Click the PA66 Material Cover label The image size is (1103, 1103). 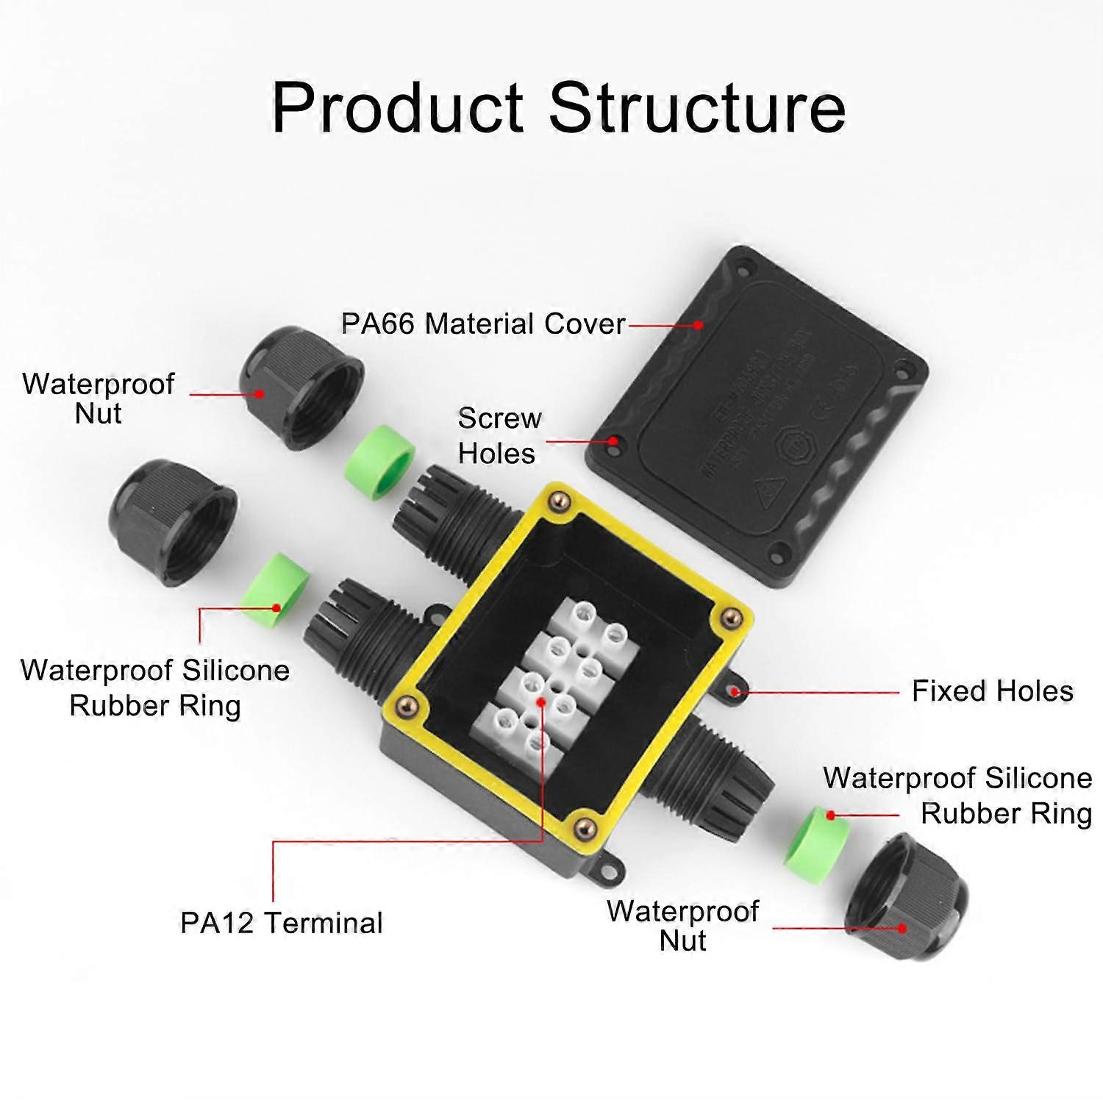[x=482, y=324]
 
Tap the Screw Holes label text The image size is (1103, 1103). [x=499, y=435]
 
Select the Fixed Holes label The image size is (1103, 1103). [x=992, y=691]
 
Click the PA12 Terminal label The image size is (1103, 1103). [x=282, y=923]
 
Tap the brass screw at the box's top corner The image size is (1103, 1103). [x=562, y=501]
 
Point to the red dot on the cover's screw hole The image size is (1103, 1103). [x=613, y=442]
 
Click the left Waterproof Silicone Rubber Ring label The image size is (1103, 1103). [x=154, y=688]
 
